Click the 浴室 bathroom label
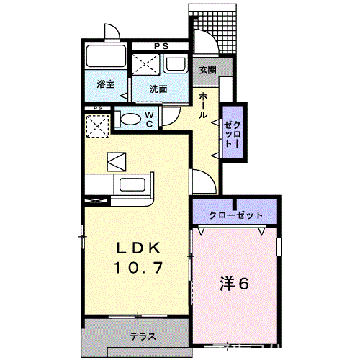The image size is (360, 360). pos(105,85)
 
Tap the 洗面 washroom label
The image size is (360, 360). pos(158,89)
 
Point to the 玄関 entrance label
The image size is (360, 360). pos(207,70)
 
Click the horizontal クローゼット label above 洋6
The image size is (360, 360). pos(235,215)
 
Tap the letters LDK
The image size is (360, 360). pos(142,248)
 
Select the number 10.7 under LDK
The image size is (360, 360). pos(142,268)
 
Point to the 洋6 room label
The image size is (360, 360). pos(234,283)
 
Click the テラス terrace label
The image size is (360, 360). pos(143,336)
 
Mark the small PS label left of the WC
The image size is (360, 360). pos(96,109)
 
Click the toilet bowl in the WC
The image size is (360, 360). pos(130,120)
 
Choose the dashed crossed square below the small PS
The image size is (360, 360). pos(96,127)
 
